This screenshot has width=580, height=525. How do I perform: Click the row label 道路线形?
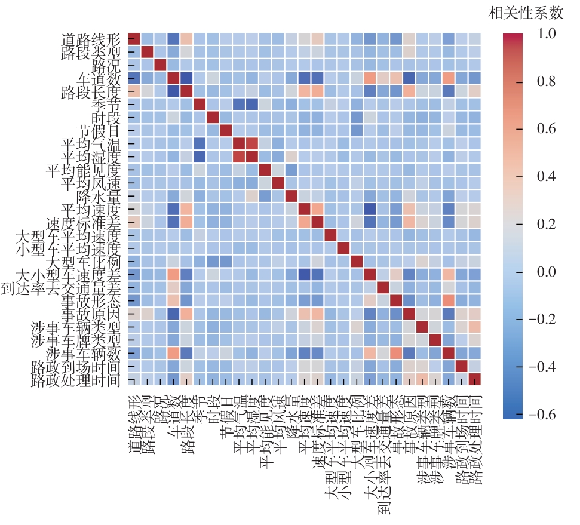tap(91, 39)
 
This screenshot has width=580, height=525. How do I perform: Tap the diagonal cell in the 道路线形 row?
tap(134, 39)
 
